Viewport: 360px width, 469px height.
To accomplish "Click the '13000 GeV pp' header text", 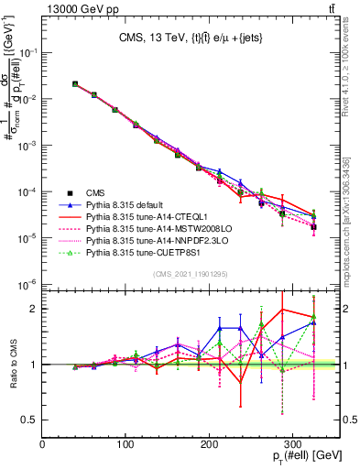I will pos(79,9).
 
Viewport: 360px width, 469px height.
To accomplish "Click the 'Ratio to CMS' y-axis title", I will pos(11,364).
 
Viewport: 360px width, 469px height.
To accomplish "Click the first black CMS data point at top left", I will pos(75,83).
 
